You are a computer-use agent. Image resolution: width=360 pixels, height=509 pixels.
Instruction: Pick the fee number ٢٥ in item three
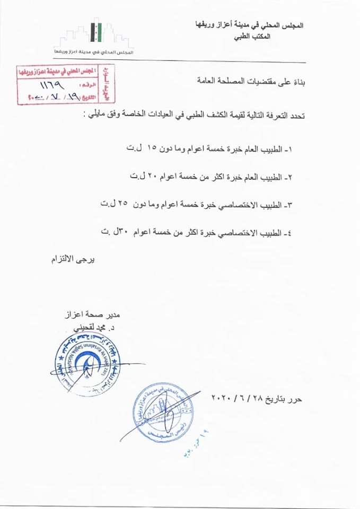click(x=123, y=204)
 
